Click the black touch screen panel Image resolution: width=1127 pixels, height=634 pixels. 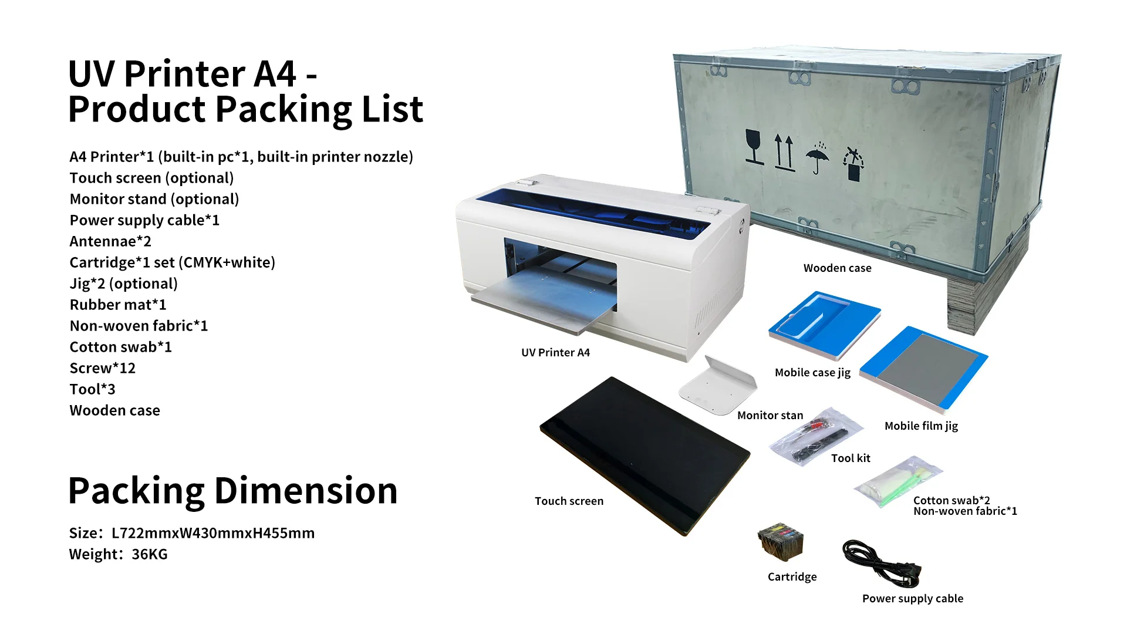pos(645,454)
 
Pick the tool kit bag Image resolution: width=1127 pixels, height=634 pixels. pos(816,437)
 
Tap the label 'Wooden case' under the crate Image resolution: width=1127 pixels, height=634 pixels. pos(837,268)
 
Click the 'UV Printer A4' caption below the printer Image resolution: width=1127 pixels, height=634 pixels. pos(555,353)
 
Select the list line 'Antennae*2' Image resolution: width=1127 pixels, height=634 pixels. pos(110,241)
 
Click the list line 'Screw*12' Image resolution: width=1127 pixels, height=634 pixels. pos(103,368)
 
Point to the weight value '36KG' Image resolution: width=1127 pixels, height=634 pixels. pos(150,554)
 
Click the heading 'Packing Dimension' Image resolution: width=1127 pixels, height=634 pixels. pos(232,491)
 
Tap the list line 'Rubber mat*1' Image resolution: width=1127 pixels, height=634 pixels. pos(118,305)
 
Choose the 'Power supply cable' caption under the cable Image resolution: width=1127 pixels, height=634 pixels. pos(912,599)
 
